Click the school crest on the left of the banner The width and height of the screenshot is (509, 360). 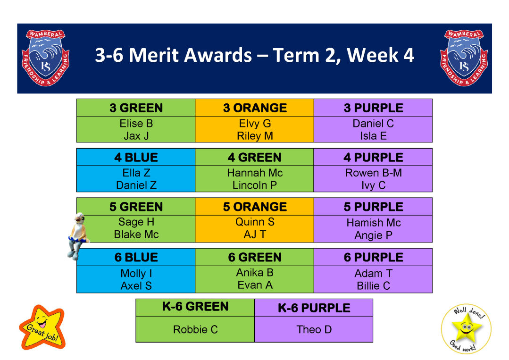coord(45,58)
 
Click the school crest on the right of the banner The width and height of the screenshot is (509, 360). coord(464,58)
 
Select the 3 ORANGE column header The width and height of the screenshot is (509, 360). coord(255,108)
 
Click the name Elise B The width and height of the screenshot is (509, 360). coord(136,123)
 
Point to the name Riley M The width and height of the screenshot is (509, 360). coord(255,136)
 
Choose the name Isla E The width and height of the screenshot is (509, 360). coord(373,136)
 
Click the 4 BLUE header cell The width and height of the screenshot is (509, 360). coord(136,158)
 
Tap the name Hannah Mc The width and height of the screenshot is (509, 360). coord(255,173)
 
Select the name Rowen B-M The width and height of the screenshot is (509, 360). coord(373,173)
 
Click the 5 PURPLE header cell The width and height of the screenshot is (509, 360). coord(373,207)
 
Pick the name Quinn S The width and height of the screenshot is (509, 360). coord(255,222)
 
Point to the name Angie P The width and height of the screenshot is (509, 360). coord(373,235)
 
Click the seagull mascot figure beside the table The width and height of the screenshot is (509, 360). coord(78,236)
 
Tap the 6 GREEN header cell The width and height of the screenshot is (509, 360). coord(255,257)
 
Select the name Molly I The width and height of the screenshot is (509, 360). coord(136,273)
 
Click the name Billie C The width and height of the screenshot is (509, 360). coord(373,285)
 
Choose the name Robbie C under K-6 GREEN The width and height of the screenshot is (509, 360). coord(195,329)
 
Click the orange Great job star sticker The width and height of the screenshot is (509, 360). coord(42,327)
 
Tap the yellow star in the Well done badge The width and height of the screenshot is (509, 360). coord(466,328)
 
